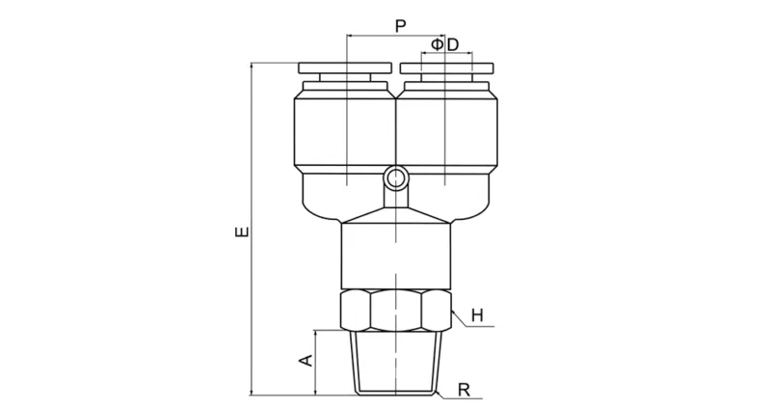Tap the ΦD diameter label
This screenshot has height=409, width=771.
[444, 44]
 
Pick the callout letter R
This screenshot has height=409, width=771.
[464, 390]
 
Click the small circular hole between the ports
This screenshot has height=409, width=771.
[396, 177]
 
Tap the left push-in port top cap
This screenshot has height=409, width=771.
[346, 68]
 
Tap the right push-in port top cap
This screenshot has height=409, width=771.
[446, 68]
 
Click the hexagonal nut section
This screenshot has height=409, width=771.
[396, 310]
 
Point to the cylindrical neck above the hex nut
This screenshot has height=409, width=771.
[396, 256]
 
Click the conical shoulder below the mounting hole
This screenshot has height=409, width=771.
[396, 214]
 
